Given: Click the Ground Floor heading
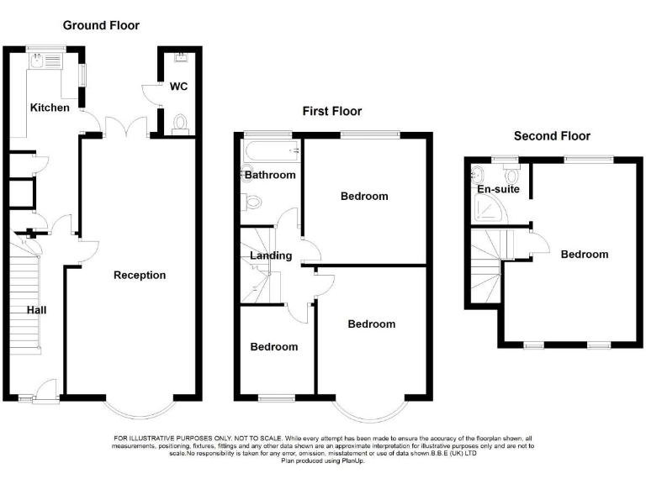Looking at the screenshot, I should click(x=101, y=26).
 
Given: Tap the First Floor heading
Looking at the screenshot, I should click(x=332, y=111).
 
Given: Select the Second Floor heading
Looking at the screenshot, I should click(x=552, y=136).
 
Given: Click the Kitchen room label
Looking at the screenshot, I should click(x=50, y=108).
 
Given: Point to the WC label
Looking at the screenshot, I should click(x=178, y=87).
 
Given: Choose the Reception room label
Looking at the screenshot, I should click(x=140, y=275).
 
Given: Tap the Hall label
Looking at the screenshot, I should click(x=36, y=310).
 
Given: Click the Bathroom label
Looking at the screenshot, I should click(x=270, y=175).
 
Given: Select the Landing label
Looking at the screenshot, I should click(x=270, y=255).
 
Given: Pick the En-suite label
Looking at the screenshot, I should click(x=498, y=190).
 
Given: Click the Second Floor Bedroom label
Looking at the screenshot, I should click(x=585, y=254).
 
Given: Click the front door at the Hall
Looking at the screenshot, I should click(x=47, y=388).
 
